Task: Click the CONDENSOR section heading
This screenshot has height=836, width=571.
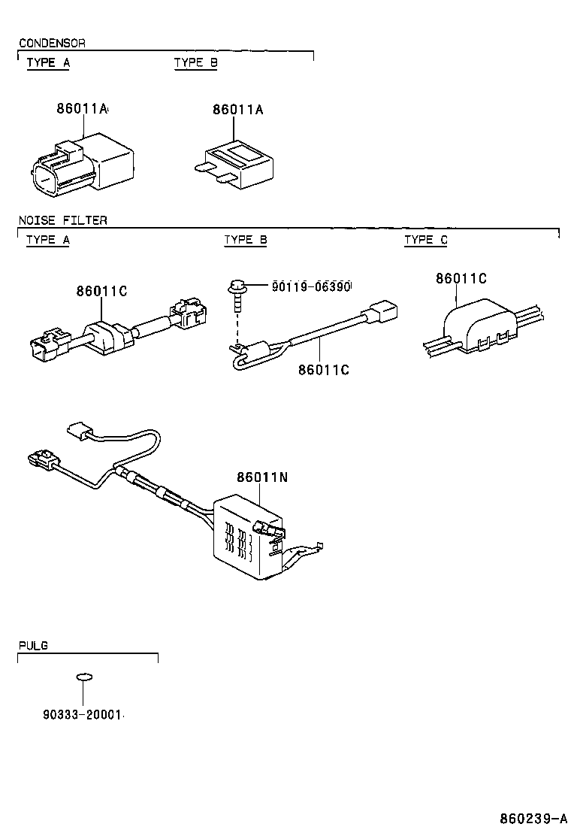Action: pos(51,43)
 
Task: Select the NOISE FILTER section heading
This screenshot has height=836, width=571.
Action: pos(62,220)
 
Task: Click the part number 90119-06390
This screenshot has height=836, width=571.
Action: pos(311,286)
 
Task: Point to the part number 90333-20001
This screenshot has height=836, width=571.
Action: pos(77,714)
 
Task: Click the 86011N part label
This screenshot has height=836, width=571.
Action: pos(261,477)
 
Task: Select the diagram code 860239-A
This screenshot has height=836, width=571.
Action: pos(533,818)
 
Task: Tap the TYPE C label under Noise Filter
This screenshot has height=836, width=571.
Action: pos(425,240)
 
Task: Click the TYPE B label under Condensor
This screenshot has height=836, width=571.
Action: pos(195,62)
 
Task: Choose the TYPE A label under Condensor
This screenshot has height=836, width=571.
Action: pos(48,62)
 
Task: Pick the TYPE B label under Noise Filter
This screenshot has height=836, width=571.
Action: pos(245,240)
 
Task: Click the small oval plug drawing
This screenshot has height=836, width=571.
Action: pos(86,677)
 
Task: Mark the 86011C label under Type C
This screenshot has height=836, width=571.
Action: pos(461,279)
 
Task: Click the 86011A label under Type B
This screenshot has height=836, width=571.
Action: pos(237,109)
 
